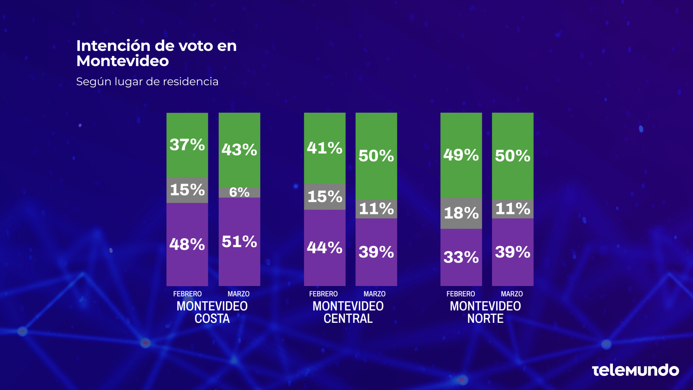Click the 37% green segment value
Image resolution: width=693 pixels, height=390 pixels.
coord(187,145)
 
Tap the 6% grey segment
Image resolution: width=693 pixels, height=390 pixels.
coord(239,192)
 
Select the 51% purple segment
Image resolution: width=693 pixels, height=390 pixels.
coord(239,242)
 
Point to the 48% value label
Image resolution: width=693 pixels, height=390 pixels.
coord(187,244)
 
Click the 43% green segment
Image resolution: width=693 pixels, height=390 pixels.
coord(239,149)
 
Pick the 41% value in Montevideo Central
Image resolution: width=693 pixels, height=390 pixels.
coord(324,148)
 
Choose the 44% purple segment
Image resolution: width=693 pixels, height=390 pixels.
coord(324,248)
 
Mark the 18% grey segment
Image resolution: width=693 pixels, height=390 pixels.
coord(461,213)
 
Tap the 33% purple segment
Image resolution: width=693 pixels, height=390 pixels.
coord(461,257)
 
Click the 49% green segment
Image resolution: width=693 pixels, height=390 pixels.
coord(461,155)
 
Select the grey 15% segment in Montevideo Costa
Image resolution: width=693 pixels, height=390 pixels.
coord(187,190)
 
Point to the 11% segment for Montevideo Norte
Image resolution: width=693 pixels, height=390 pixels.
coord(513,209)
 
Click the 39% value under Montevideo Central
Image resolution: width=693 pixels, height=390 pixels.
coord(376,252)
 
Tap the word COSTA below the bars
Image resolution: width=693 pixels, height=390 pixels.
coord(212,319)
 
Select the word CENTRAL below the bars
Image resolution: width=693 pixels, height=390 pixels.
coord(348,319)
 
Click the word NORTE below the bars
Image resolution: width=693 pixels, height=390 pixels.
coord(485,319)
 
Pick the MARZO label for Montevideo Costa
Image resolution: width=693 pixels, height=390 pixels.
coord(238,294)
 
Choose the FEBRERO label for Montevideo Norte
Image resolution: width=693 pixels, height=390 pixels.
coord(461,294)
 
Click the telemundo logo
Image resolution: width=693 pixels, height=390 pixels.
coord(635,370)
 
